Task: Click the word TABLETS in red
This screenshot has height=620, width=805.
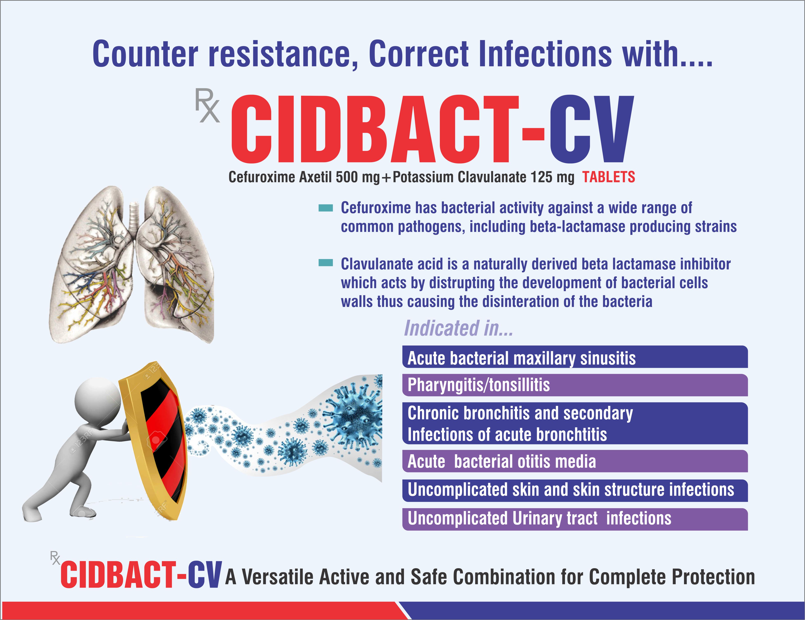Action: (x=608, y=177)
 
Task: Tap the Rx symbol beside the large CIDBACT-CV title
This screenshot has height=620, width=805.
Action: (x=207, y=105)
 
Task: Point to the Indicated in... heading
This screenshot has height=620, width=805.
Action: (x=459, y=328)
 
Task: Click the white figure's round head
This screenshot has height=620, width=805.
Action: (x=98, y=400)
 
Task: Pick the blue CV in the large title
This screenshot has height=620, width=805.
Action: (x=592, y=129)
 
